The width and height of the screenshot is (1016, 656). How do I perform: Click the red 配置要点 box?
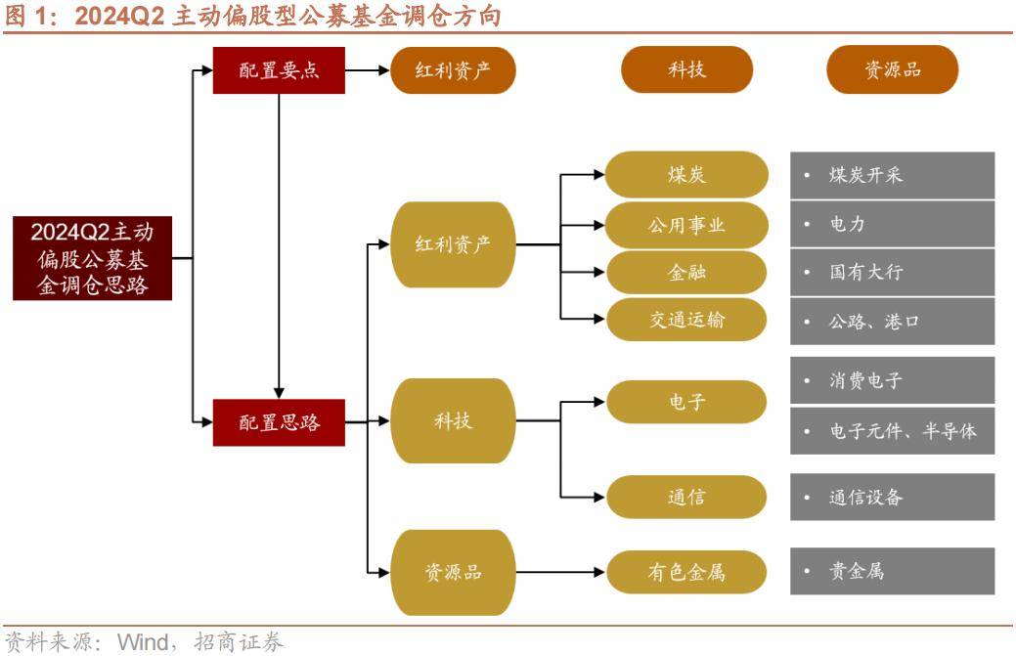[x=279, y=70]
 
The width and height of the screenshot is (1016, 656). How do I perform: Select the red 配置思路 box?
[x=279, y=422]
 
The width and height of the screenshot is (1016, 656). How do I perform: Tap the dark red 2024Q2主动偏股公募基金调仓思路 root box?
[x=92, y=258]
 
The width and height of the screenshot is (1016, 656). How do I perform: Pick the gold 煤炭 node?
[x=686, y=175]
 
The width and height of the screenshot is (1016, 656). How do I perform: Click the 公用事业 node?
[x=686, y=224]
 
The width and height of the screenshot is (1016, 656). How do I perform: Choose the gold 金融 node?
[x=686, y=273]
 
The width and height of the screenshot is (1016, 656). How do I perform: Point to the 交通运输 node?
[x=686, y=320]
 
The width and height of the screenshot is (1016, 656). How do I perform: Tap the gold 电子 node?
[x=686, y=402]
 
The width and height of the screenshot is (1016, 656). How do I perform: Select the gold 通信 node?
[x=686, y=497]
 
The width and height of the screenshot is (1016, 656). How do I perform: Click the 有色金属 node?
[x=686, y=571]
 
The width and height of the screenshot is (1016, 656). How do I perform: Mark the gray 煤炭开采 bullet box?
[x=892, y=175]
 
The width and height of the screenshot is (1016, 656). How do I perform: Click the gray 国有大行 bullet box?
[x=892, y=272]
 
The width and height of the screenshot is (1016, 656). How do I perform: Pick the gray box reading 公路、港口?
[x=892, y=321]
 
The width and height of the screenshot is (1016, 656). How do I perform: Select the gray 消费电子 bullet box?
[x=892, y=380]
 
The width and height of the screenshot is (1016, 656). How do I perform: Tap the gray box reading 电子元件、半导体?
[x=892, y=430]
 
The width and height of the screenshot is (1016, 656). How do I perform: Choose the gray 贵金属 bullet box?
[x=892, y=571]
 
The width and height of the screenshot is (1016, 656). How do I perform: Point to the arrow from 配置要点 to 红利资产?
[x=368, y=70]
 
